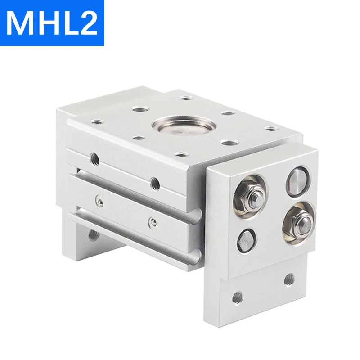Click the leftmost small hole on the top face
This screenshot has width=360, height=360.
tap(95, 121)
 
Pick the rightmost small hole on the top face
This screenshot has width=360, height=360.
tap(270, 129)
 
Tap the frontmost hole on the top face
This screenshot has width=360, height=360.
tap(181, 155)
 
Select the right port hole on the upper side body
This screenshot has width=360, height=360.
tap(155, 182)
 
